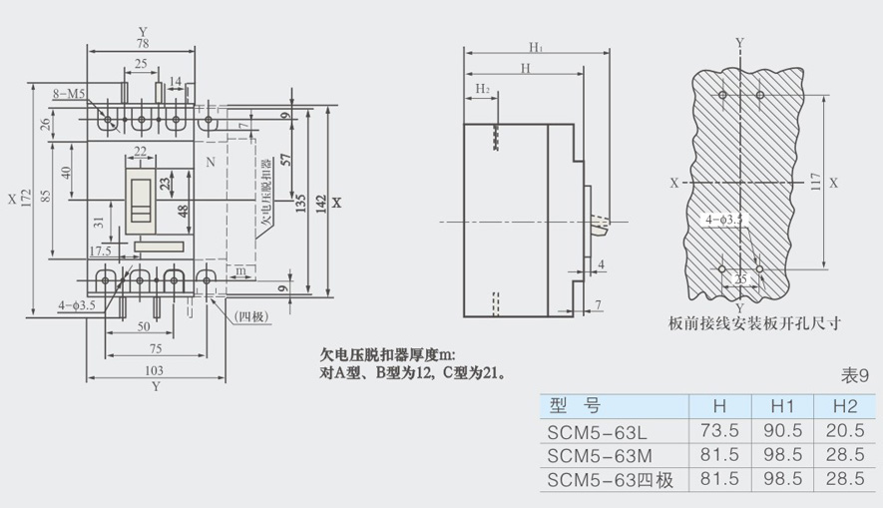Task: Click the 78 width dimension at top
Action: click(143, 44)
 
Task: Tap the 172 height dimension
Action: click(33, 198)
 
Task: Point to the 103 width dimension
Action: click(154, 370)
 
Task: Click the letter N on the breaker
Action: click(211, 161)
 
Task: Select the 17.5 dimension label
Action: click(100, 251)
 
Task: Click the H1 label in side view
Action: click(536, 47)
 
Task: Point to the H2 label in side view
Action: click(482, 89)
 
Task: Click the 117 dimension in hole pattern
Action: click(816, 182)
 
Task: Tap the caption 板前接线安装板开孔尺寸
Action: click(755, 322)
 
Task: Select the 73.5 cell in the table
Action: click(720, 431)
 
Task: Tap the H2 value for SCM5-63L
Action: click(845, 431)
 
